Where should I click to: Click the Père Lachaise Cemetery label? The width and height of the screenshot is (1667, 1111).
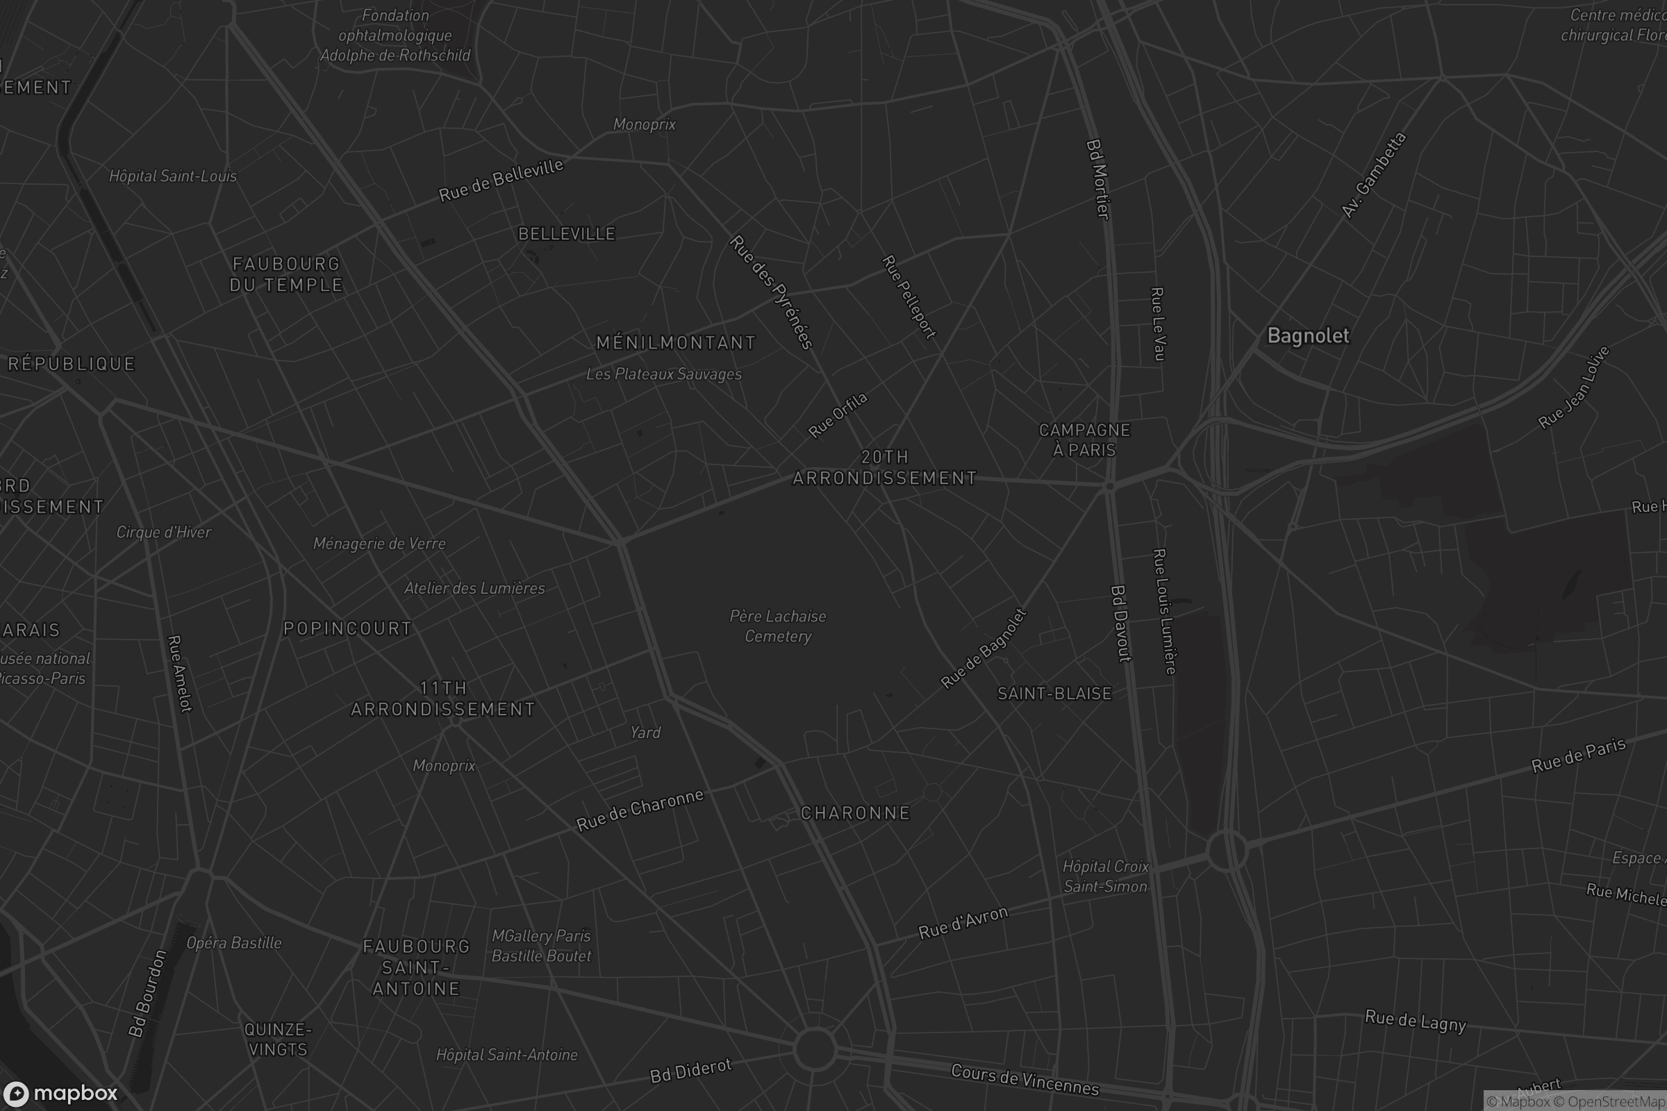click(x=777, y=626)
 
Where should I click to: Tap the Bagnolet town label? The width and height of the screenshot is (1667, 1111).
click(x=1308, y=336)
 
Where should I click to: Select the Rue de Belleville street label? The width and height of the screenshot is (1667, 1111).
click(x=500, y=180)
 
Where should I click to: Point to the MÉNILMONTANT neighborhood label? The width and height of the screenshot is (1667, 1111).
click(x=675, y=343)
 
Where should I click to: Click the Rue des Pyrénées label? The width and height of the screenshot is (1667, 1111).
click(x=770, y=292)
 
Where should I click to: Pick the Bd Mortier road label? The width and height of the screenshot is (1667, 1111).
click(x=1097, y=179)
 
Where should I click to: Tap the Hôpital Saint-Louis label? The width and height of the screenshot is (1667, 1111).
click(x=173, y=176)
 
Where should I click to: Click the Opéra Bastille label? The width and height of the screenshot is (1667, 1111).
click(x=234, y=942)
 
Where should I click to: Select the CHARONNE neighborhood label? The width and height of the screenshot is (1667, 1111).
click(x=856, y=812)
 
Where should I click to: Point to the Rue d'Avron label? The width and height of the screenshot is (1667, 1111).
click(x=963, y=923)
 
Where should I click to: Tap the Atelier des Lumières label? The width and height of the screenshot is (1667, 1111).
click(x=474, y=588)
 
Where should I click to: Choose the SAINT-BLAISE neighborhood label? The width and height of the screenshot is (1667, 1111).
click(x=1054, y=694)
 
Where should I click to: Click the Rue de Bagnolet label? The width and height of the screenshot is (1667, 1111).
click(x=983, y=649)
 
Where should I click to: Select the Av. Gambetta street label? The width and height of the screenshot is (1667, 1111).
click(x=1373, y=175)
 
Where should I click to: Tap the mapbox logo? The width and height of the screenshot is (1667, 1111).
click(x=60, y=1093)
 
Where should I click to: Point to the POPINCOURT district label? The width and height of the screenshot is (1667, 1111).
click(x=347, y=628)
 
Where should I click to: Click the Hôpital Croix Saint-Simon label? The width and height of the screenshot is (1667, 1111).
click(x=1105, y=876)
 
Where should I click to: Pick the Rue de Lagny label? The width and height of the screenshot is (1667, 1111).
click(x=1415, y=1021)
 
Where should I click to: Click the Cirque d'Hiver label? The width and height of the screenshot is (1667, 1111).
click(x=164, y=532)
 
